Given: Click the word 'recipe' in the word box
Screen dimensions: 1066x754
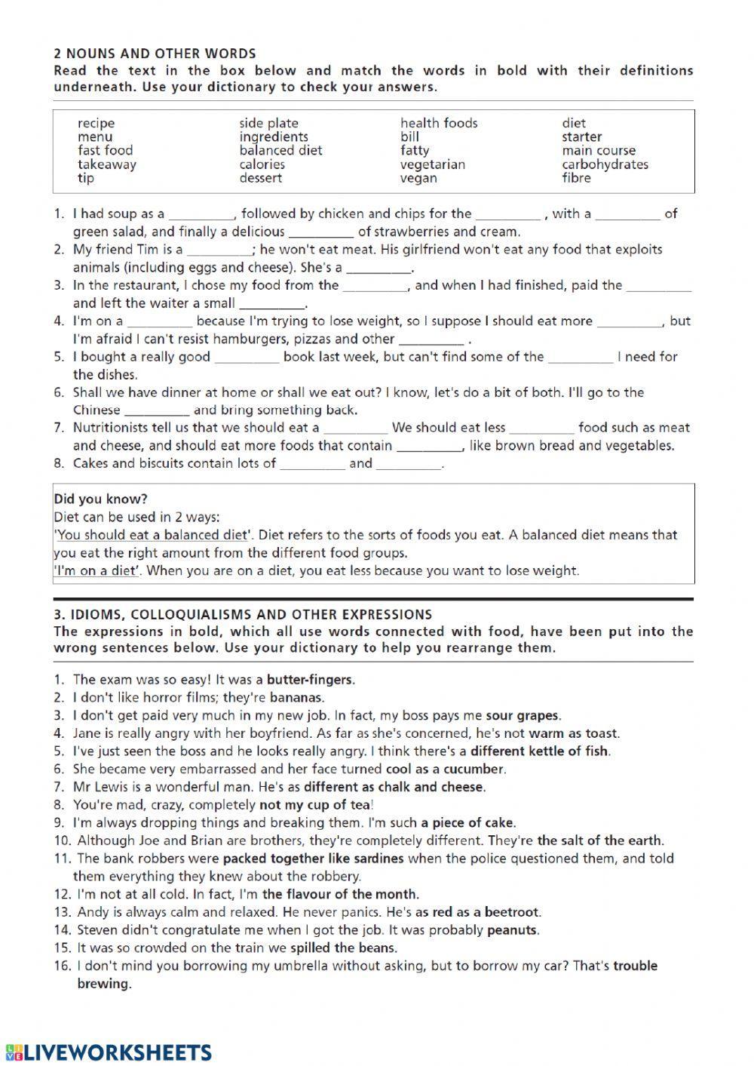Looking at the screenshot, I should point(96,123).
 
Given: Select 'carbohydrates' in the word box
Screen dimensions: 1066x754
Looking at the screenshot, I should point(605,164).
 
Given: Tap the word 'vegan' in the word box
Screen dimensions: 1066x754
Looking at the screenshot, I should point(418,178).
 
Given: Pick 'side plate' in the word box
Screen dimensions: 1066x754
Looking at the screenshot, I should point(268,123).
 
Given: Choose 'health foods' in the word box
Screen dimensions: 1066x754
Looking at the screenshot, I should point(439,123).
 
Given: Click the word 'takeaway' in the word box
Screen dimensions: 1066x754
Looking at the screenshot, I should point(106,164).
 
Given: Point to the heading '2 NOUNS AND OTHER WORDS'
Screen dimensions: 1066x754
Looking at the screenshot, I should point(155,54).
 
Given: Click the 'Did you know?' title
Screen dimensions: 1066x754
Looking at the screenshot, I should point(100,499).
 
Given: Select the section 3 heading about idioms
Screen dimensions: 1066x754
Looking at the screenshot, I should point(243,614).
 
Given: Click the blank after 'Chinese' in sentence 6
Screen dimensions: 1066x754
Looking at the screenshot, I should point(156,411).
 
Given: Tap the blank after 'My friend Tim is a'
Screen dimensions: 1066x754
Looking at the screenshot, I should point(219,250).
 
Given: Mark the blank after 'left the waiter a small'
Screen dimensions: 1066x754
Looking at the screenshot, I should point(271,305).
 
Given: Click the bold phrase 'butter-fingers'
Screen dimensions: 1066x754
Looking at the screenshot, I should point(310,679).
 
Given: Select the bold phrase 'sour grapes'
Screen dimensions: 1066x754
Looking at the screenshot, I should point(523,715).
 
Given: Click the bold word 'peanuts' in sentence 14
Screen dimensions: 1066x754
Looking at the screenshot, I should point(512,930).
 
